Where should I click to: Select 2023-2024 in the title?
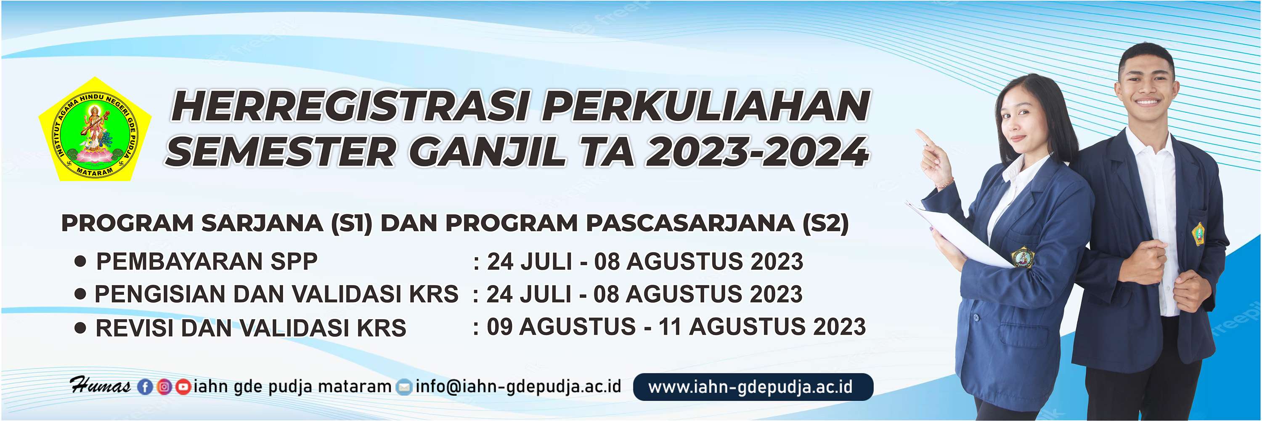point(757,152)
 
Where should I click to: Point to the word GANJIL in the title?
point(488,152)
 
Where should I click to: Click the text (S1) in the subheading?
point(352,224)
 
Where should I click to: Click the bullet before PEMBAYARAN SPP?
point(80,261)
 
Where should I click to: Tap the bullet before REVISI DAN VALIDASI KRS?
point(80,328)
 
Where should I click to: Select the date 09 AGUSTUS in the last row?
point(560,327)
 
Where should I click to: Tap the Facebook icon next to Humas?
point(145,387)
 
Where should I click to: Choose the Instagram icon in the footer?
point(164,387)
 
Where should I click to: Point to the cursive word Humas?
point(100,386)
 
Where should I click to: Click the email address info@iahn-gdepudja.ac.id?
point(518,387)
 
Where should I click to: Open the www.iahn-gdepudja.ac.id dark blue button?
point(753,387)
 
